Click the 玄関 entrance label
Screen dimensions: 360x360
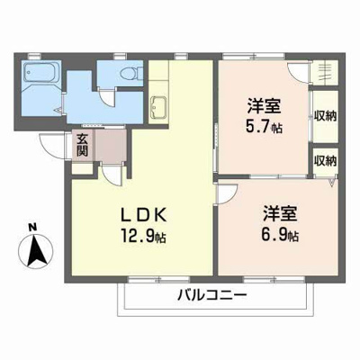[82, 145]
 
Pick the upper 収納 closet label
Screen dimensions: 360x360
[325, 117]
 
